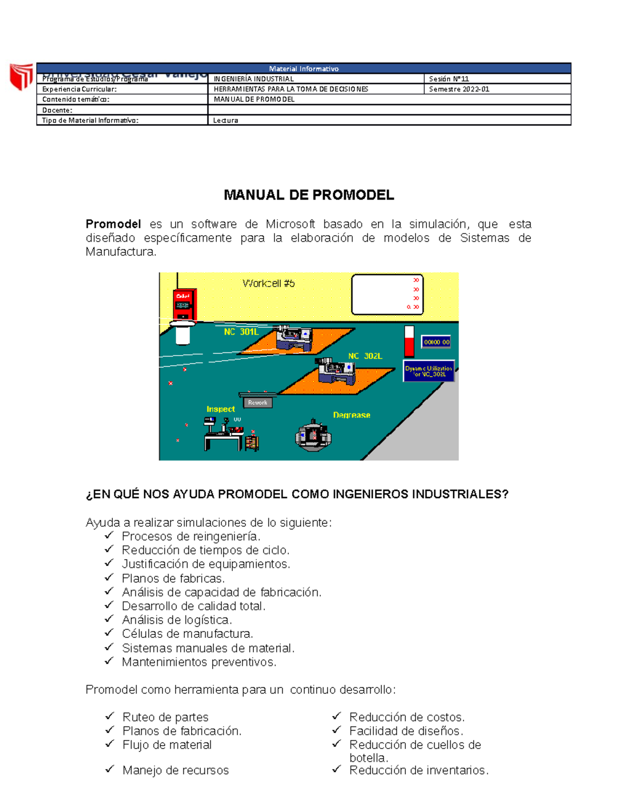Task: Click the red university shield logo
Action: (x=21, y=76)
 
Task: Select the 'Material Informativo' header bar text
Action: (x=303, y=68)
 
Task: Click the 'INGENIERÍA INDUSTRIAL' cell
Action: (x=254, y=79)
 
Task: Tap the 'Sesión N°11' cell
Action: (x=449, y=79)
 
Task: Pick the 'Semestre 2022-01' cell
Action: (x=459, y=89)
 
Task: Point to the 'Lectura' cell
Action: (x=226, y=120)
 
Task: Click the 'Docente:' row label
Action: (x=57, y=110)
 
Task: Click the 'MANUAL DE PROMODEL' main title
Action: (x=308, y=195)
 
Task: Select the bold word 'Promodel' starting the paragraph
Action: (x=113, y=224)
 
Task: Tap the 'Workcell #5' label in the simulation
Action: (x=268, y=283)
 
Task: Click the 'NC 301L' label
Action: (x=241, y=332)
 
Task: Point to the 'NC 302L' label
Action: (x=365, y=356)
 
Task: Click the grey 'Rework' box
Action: (x=257, y=403)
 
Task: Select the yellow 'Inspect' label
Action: (x=220, y=409)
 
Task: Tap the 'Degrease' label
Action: (x=351, y=415)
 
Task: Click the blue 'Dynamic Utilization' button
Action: (x=428, y=371)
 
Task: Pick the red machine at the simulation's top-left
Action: (x=184, y=305)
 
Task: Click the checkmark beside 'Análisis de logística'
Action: (x=109, y=619)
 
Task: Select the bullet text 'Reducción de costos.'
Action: (x=407, y=717)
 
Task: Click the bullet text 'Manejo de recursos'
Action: (x=176, y=770)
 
